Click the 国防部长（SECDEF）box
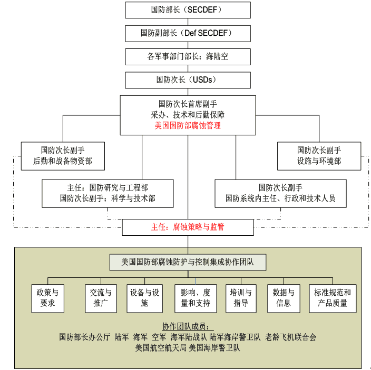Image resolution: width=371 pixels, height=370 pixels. pos(188,9)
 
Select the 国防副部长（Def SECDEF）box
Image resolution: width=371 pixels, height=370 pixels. pos(188,33)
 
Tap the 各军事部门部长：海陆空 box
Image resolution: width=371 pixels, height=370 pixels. pos(188,56)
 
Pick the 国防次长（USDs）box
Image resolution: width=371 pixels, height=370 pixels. pos(188,80)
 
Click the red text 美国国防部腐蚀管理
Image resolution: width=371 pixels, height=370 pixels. pos(188,126)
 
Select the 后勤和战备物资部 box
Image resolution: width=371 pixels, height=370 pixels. pos(63,156)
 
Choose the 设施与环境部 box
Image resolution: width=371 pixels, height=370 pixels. pos(319,156)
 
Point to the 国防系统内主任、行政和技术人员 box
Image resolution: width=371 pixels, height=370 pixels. pos(280,193)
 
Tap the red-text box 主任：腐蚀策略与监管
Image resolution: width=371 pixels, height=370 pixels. pos(188,227)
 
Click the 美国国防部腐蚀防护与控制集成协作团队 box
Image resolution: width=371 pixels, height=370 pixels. pos(188,262)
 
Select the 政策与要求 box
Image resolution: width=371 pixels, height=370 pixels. pos(47,298)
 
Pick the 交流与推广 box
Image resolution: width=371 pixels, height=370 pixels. pos(101,298)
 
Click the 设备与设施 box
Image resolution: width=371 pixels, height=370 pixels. pos(144,298)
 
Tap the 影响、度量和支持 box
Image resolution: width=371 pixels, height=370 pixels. pos(195,298)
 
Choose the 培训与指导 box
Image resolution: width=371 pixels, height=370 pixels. pos(241,298)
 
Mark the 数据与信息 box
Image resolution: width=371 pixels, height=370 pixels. pos(284,298)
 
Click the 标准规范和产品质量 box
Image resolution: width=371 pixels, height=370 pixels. pos(332,298)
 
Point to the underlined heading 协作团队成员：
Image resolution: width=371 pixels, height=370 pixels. pos(188,326)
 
